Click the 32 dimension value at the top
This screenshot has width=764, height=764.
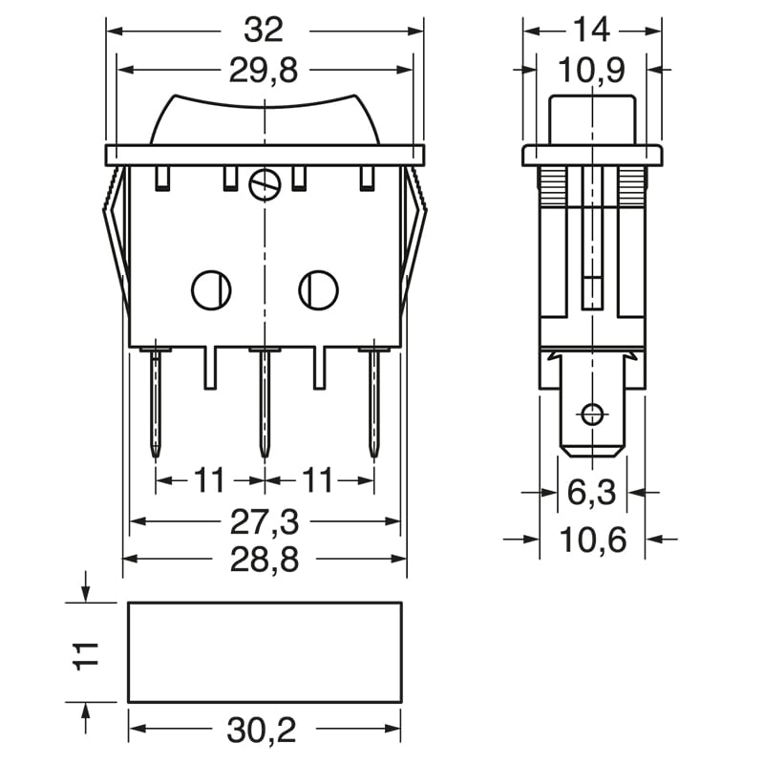pos(264,30)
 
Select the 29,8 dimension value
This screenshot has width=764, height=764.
pos(264,70)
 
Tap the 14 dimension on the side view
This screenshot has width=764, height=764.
pos(591,30)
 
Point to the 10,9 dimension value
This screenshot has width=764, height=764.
pos(591,70)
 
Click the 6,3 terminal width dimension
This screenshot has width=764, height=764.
pos(591,493)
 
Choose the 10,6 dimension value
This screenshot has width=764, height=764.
pos(591,540)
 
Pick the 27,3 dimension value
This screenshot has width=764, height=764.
pos(264,521)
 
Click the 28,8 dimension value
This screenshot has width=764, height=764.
pos(264,560)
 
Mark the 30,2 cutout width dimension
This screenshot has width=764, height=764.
pos(264,731)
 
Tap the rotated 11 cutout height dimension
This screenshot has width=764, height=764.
pos(87,653)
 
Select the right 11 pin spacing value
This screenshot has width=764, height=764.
pos(318,480)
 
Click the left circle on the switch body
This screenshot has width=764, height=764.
pos(211,289)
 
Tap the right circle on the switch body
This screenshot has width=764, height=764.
pos(318,289)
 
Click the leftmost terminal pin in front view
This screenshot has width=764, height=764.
pos(155,401)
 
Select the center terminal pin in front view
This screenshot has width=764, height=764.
pos(263,401)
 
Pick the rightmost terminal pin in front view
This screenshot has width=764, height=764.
pos(372,401)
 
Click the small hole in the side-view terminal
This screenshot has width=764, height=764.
pos(592,414)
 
